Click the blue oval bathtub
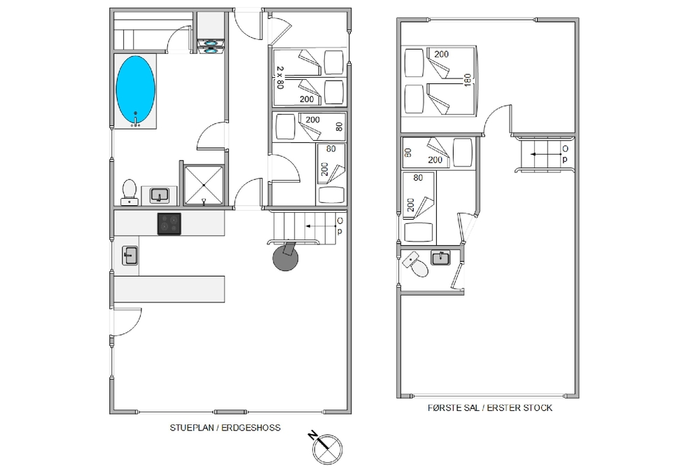135,90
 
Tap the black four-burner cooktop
169,223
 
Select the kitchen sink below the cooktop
130,256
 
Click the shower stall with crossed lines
204,186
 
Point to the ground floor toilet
129,192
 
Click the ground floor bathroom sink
159,195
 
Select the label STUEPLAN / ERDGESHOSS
225,428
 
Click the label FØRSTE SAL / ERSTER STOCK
490,407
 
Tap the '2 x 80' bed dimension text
280,78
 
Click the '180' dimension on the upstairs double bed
468,81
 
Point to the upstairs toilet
416,263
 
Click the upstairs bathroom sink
440,258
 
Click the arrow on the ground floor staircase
321,226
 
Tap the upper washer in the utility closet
211,43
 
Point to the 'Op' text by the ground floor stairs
339,225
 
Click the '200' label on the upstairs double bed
441,54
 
